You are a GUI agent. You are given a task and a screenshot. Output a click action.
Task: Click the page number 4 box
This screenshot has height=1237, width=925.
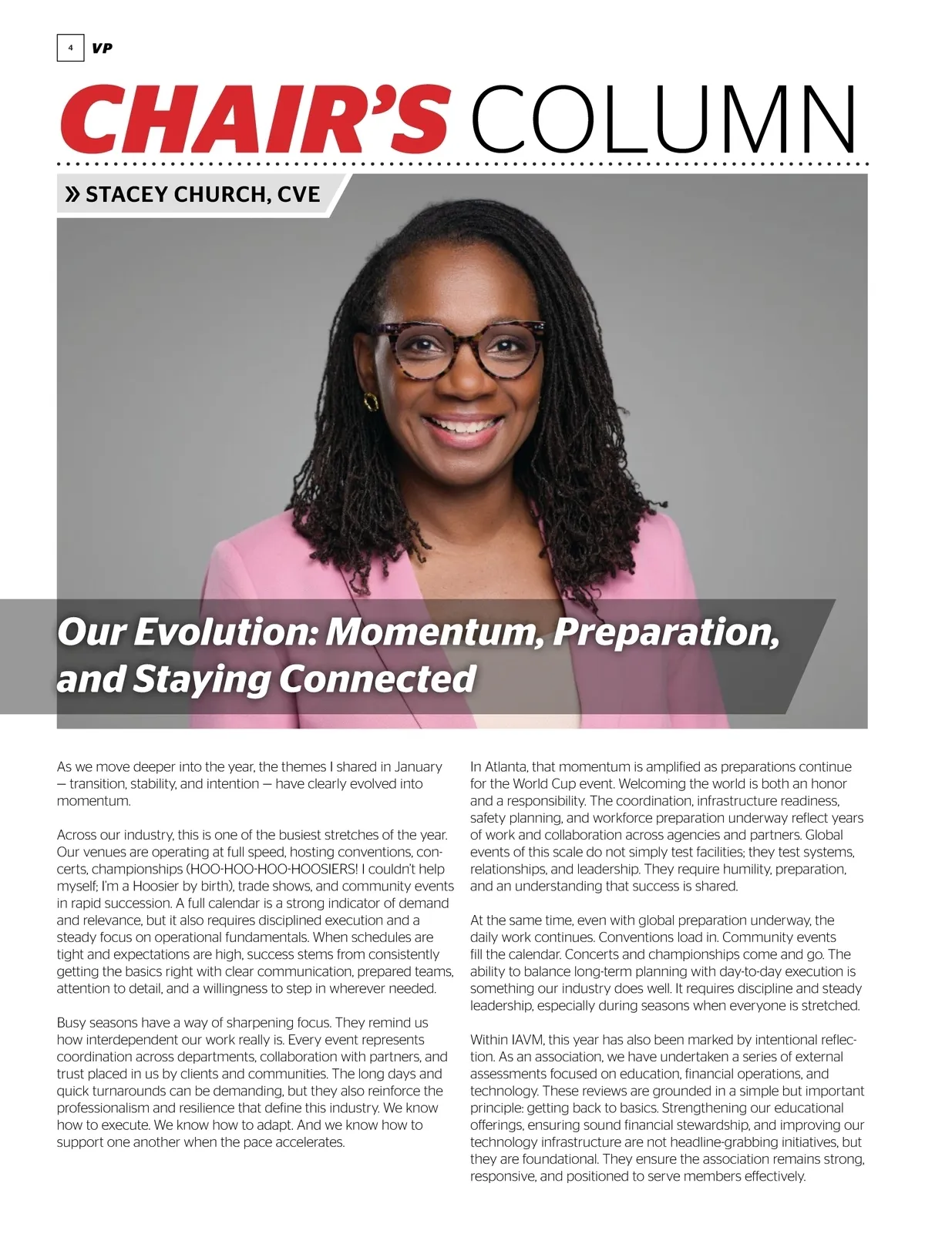click(70, 49)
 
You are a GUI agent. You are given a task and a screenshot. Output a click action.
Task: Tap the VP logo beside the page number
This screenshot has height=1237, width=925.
click(102, 49)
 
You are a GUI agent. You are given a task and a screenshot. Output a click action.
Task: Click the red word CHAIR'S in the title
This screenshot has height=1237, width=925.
click(254, 120)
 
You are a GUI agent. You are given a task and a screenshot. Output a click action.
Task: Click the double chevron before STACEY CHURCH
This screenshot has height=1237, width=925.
click(72, 194)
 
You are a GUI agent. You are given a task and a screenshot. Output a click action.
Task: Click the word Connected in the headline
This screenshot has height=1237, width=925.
click(377, 679)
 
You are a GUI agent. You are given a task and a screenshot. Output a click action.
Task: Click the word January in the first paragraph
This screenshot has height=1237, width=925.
click(418, 767)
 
